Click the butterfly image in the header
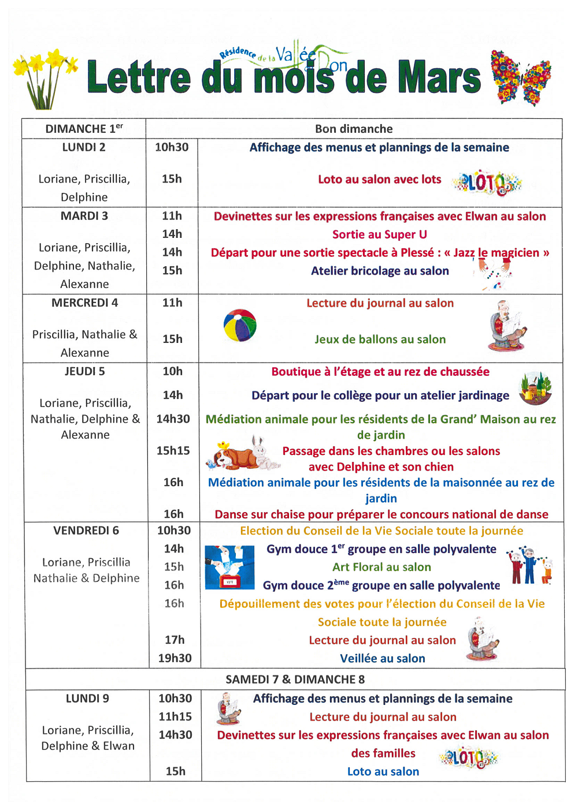[x=520, y=78]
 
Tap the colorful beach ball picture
[x=240, y=326]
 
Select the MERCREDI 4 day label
[x=84, y=303]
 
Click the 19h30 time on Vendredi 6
[x=175, y=658]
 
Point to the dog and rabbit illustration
[x=243, y=454]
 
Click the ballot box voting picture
[x=229, y=567]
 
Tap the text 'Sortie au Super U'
[x=379, y=234]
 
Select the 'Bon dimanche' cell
[x=354, y=129]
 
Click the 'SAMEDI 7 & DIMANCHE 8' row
[x=295, y=679]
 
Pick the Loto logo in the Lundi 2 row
[x=487, y=182]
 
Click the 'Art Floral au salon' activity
[x=381, y=567]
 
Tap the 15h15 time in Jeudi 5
[x=173, y=450]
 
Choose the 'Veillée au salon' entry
[x=382, y=658]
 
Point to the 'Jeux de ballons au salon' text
[x=380, y=339]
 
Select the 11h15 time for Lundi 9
[x=175, y=716]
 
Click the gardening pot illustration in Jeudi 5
[x=535, y=388]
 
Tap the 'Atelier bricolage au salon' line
[x=380, y=271]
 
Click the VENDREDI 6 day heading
[x=86, y=531]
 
